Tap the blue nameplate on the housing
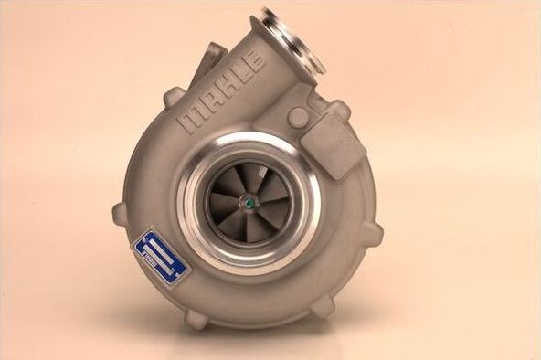point(161,255)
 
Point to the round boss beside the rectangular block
point(298,117)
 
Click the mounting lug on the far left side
point(121,214)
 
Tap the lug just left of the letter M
point(174,96)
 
